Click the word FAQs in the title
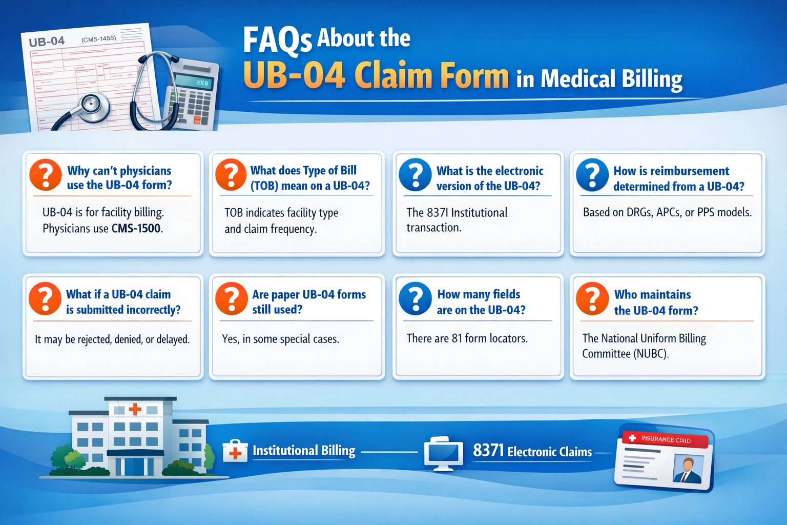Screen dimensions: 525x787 (x=277, y=40)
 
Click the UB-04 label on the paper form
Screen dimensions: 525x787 (x=47, y=42)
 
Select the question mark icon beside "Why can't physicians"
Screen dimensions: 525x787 (x=46, y=174)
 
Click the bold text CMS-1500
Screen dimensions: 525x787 (x=136, y=228)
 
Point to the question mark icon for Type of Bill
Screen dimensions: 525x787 (x=231, y=174)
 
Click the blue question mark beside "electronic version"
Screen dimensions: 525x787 (x=415, y=174)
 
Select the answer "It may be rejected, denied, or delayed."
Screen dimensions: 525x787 (x=112, y=339)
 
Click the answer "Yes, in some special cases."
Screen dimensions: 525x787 (x=280, y=339)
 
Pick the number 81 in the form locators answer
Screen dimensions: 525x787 (x=457, y=338)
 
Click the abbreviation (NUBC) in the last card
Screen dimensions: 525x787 (x=651, y=354)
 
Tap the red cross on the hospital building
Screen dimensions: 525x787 (x=135, y=409)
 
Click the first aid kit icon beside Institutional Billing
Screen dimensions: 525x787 (x=235, y=451)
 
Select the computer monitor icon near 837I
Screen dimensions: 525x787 (x=444, y=453)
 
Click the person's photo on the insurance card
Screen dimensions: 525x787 (x=688, y=470)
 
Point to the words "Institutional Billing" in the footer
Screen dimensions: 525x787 (x=304, y=451)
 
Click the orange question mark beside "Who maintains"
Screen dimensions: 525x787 (x=592, y=298)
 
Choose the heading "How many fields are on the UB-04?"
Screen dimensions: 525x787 (x=481, y=302)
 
